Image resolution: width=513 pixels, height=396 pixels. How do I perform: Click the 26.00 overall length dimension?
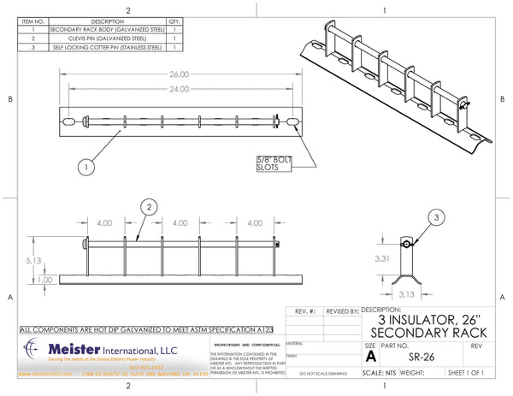pyautogui.click(x=179, y=74)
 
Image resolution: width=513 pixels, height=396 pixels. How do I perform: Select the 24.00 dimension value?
pyautogui.click(x=179, y=88)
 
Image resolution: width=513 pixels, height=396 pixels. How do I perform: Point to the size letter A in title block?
pyautogui.click(x=370, y=357)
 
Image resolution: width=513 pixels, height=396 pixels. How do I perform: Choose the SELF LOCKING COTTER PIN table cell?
pyautogui.click(x=107, y=48)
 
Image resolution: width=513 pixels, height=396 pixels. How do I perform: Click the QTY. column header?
pyautogui.click(x=174, y=21)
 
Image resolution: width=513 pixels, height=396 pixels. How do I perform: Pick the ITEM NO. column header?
pyautogui.click(x=33, y=21)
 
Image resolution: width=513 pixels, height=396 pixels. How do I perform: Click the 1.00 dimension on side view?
pyautogui.click(x=44, y=280)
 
